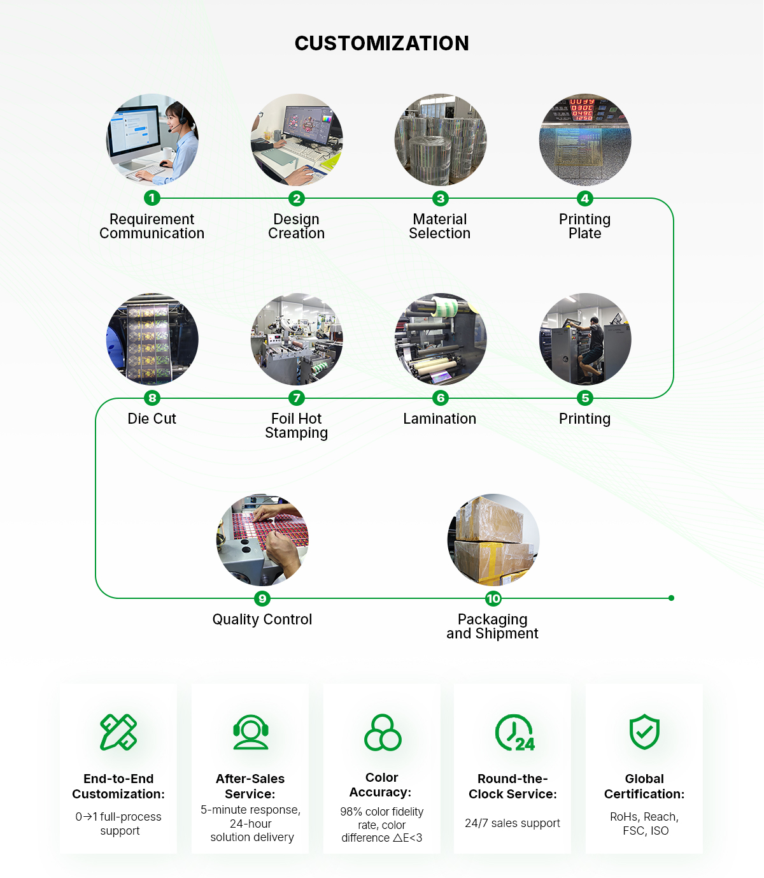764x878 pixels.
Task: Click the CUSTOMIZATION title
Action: coord(381,43)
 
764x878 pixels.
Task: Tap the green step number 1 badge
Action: coord(152,198)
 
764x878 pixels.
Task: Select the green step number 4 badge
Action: coord(584,198)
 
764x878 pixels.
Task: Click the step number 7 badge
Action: coord(296,398)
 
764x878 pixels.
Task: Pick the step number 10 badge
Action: coord(493,598)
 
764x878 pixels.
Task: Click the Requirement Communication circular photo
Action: coord(152,140)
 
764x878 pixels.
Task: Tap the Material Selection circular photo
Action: coord(441,140)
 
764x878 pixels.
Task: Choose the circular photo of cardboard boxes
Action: coord(493,540)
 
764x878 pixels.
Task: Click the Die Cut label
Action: coord(152,419)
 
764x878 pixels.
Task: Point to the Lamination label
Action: coord(439,419)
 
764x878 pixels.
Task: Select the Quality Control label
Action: coord(262,619)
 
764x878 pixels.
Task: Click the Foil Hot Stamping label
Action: coord(296,426)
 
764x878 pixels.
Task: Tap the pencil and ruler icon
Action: coord(118,732)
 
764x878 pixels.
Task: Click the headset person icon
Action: coord(250,732)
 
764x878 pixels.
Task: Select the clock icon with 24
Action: coord(514,733)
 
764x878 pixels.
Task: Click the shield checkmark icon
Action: coord(644,731)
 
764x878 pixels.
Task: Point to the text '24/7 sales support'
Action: coord(513,823)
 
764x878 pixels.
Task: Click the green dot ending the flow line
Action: coord(671,598)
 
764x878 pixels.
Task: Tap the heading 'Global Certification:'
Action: coord(644,786)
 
